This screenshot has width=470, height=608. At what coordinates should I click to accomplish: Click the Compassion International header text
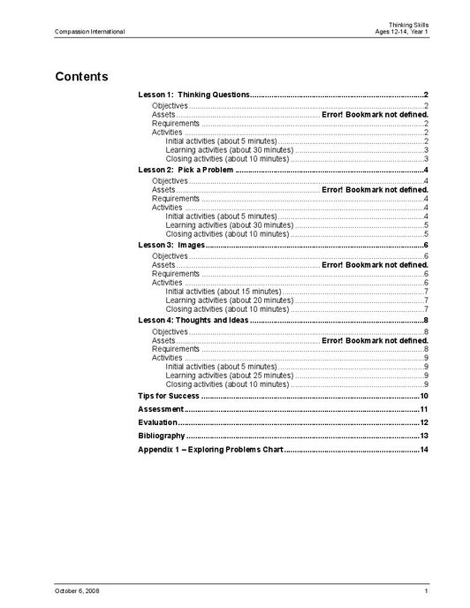(x=89, y=32)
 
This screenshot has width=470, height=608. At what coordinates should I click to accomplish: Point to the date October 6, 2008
(x=77, y=590)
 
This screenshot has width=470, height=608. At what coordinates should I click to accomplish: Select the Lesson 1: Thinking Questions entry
(x=194, y=94)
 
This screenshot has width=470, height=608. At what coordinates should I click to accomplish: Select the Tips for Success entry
(x=169, y=395)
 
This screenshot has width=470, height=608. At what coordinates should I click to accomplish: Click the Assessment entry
(x=161, y=409)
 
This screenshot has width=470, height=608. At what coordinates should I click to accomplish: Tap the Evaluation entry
(x=159, y=422)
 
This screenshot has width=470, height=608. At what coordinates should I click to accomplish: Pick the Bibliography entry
(x=162, y=436)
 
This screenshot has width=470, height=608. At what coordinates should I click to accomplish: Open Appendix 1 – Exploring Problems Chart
(x=210, y=450)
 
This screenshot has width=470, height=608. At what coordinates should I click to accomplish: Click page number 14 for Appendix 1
(x=424, y=450)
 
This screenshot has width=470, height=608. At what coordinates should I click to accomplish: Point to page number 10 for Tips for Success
(x=424, y=395)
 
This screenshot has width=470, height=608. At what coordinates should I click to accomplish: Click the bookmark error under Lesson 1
(x=375, y=115)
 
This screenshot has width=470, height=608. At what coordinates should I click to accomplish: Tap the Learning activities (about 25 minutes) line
(x=229, y=376)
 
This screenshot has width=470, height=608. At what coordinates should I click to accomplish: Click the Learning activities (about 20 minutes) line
(x=229, y=300)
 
